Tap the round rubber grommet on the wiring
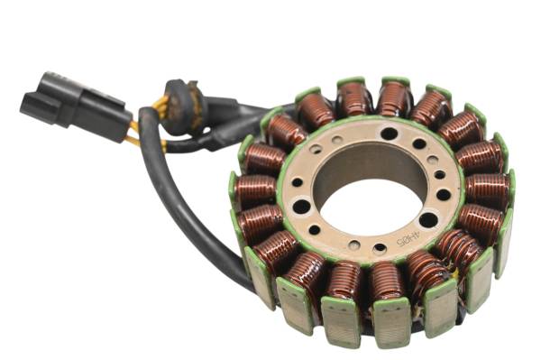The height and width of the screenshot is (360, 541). point(184,106)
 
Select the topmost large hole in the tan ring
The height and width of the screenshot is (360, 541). point(389,134)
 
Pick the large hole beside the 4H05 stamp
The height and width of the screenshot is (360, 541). point(428,219)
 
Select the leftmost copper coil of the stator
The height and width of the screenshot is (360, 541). point(255,191)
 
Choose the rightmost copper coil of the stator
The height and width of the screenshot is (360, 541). point(488,190)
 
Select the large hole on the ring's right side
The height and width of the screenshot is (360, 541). point(444,194)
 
